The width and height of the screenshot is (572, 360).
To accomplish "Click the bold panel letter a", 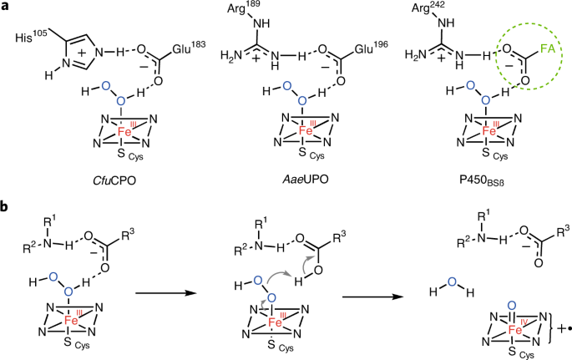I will pos(7,8).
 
